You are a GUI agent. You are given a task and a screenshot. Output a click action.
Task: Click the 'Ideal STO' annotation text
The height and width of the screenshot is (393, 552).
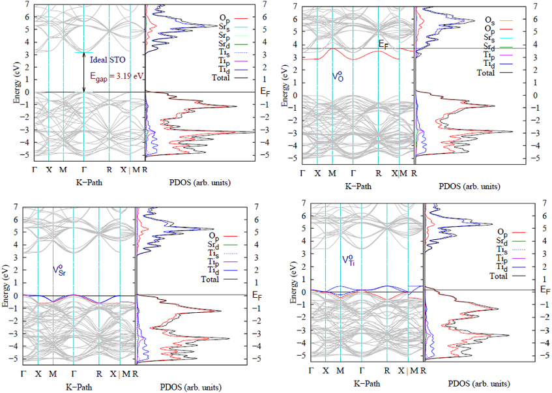pyautogui.click(x=104, y=59)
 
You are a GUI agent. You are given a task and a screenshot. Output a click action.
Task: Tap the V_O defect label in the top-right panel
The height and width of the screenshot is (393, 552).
pyautogui.click(x=338, y=76)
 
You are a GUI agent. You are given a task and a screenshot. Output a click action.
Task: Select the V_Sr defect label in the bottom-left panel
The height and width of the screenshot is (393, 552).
pyautogui.click(x=60, y=269)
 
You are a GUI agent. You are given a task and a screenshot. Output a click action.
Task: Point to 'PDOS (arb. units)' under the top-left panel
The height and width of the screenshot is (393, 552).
pyautogui.click(x=190, y=182)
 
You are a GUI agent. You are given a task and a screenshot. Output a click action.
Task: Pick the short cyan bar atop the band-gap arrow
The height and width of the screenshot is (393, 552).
pyautogui.click(x=83, y=52)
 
